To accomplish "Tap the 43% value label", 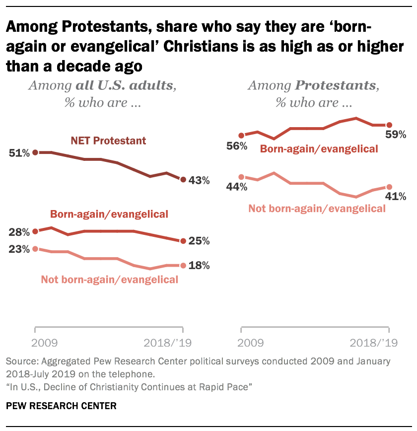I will [x=199, y=180].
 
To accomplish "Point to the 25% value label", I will [x=199, y=241].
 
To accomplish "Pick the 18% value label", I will [x=199, y=266].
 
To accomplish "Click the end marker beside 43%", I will [x=183, y=180].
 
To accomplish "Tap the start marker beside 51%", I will [x=35, y=152].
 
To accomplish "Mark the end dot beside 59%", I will [x=389, y=125].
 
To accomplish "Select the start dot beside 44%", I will [x=241, y=177].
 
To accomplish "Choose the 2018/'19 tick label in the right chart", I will [x=374, y=343].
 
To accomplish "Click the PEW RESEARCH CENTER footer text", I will [x=61, y=406].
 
